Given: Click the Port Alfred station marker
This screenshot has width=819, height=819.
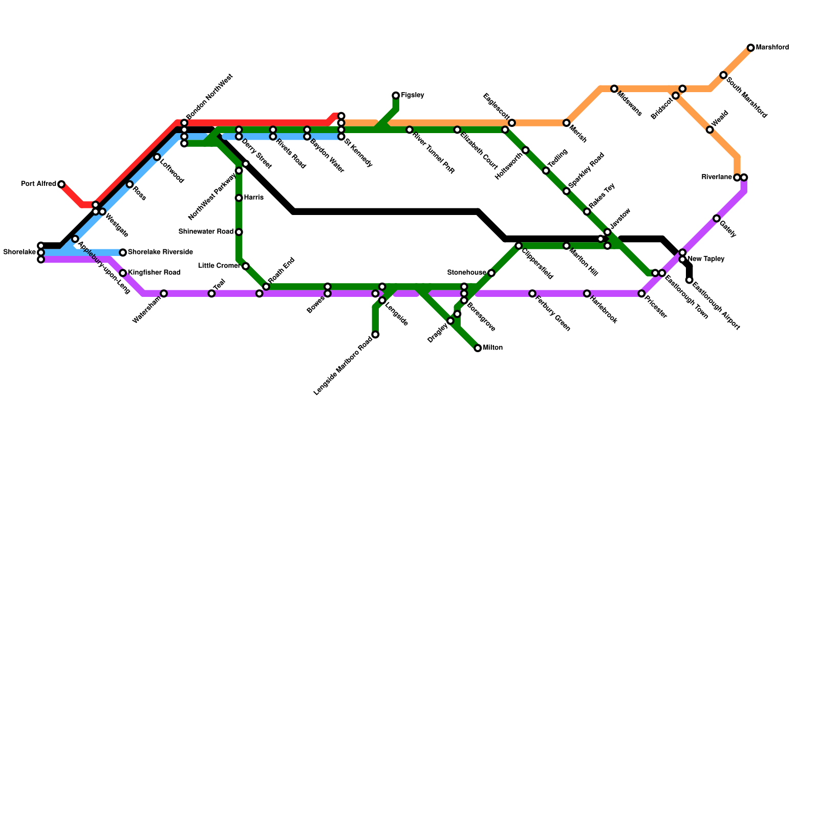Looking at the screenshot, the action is coord(61,184).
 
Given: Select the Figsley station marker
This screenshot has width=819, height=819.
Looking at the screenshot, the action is coord(396,96).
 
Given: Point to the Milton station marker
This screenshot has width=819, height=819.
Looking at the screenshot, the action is coord(478,348).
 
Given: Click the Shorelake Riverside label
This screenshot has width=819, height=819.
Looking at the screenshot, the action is coord(160,252).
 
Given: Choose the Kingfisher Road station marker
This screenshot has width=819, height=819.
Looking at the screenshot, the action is coord(123,273).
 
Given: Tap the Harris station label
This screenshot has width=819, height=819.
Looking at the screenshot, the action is coord(253,198).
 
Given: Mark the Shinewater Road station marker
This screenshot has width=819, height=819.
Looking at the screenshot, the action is coord(239,232).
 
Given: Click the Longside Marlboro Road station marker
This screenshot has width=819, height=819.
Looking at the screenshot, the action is coord(375,335).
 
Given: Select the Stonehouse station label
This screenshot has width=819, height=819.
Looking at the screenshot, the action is coord(466,272).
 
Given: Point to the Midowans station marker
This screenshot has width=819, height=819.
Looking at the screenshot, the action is coord(614,89).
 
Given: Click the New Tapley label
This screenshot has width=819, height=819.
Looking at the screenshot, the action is coord(706,259).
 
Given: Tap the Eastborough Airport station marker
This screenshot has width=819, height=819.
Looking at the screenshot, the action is coord(689,280).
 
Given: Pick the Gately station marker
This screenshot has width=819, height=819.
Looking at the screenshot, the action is coord(716,219).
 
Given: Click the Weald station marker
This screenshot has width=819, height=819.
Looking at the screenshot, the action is coord(709,130).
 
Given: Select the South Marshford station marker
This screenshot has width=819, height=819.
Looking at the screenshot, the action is coord(723,75).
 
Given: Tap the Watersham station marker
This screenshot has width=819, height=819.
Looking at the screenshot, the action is coord(164,293).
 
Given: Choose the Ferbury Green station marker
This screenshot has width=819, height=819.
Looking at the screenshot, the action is coord(532,293).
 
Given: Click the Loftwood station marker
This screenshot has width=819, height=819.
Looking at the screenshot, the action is coord(157,157).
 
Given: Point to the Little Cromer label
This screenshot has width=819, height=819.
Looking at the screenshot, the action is coord(219,266).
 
